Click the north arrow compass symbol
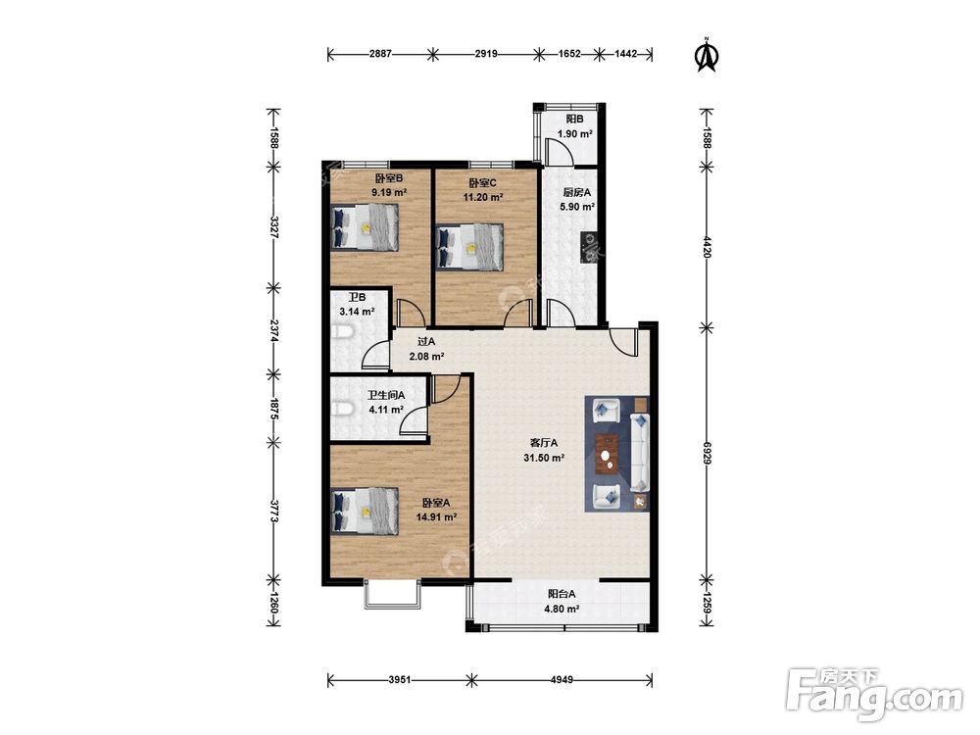707,55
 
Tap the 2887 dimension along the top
380,54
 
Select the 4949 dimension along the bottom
562,679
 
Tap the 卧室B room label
389,178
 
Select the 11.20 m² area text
483,198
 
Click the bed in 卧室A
365,511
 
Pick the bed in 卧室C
469,247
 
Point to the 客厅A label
544,443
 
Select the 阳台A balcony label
562,595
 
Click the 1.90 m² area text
575,133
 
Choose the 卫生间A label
385,395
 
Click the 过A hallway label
426,342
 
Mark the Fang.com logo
874,694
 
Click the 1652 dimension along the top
568,54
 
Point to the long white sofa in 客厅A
639,452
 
